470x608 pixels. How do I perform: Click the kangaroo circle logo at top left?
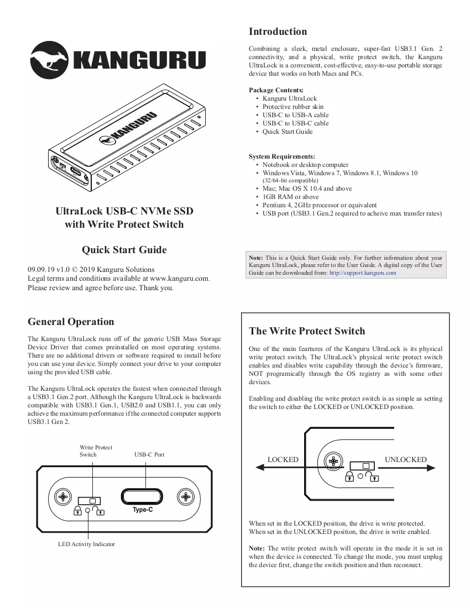49,60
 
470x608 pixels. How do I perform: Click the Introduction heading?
278,32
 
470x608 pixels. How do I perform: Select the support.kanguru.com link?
363,272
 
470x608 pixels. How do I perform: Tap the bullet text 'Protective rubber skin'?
293,107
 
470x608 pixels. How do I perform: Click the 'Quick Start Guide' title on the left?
124,250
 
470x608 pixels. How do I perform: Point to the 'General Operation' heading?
71,322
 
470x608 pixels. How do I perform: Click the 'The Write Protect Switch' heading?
307,331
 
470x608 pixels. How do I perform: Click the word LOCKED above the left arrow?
283,459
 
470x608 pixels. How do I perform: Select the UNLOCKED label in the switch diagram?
406,459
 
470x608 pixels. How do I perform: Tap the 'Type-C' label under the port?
143,510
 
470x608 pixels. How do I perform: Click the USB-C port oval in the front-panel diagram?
142,496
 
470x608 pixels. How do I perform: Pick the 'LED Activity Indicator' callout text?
86,544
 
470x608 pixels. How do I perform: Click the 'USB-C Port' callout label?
149,454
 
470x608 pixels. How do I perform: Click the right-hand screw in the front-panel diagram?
186,497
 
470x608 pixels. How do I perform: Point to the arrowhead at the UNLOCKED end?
431,468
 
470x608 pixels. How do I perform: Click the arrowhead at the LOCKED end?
260,468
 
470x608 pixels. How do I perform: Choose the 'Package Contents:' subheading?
276,90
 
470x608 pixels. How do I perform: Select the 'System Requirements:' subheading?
282,156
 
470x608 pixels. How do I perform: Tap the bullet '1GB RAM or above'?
290,197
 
